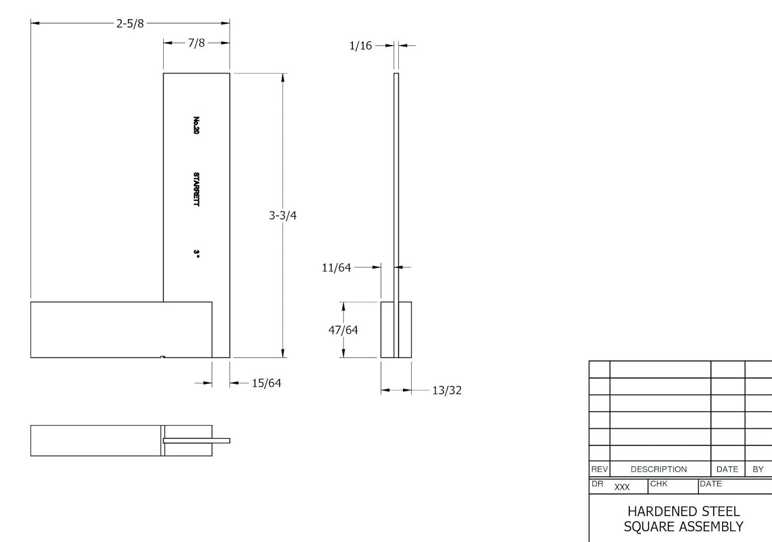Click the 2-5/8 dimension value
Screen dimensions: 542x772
coord(130,23)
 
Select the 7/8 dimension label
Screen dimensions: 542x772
coord(196,43)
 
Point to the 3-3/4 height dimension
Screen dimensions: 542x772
coord(283,215)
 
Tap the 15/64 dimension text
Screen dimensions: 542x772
coord(266,383)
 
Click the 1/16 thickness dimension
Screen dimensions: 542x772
coord(360,46)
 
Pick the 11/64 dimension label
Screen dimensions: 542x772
coord(336,267)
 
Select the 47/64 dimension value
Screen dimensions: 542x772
coord(343,330)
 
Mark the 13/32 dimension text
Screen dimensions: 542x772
coord(447,391)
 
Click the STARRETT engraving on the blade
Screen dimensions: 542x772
coord(196,189)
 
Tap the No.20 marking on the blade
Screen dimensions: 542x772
coord(196,125)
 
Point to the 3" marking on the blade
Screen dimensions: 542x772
coord(196,253)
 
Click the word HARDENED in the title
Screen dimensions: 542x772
coord(656,511)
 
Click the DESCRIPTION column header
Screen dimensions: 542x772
coord(658,469)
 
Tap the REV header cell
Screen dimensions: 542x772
coord(599,469)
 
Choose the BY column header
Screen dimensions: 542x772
coord(758,469)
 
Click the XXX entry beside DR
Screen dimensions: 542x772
coord(622,487)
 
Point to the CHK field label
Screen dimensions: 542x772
coord(658,484)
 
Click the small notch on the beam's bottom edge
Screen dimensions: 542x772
coord(163,357)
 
